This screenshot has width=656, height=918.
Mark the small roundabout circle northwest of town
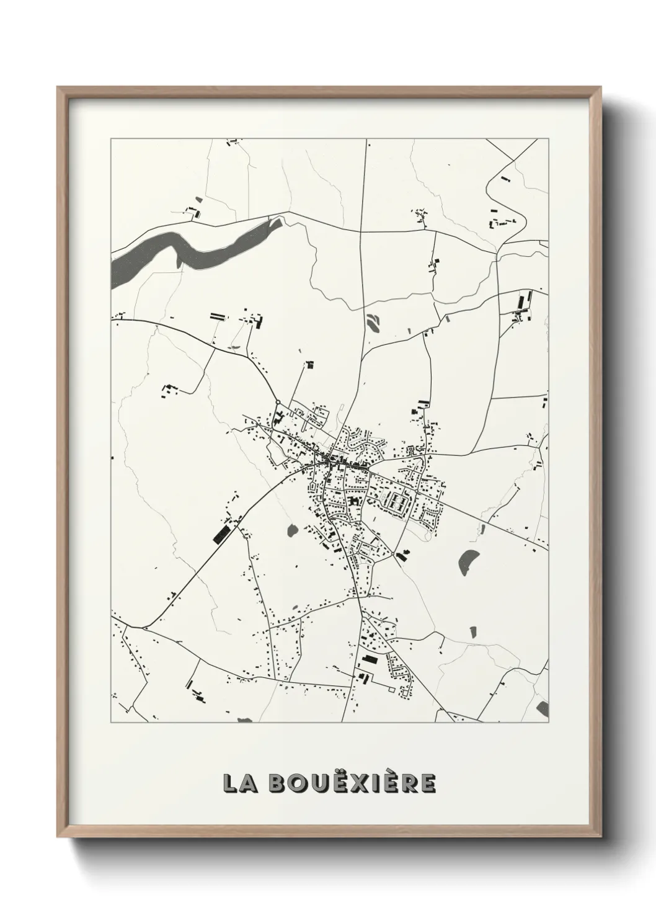tap(277, 402)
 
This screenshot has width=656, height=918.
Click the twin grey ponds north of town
tap(374, 322)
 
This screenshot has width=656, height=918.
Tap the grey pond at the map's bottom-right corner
tap(544, 708)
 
